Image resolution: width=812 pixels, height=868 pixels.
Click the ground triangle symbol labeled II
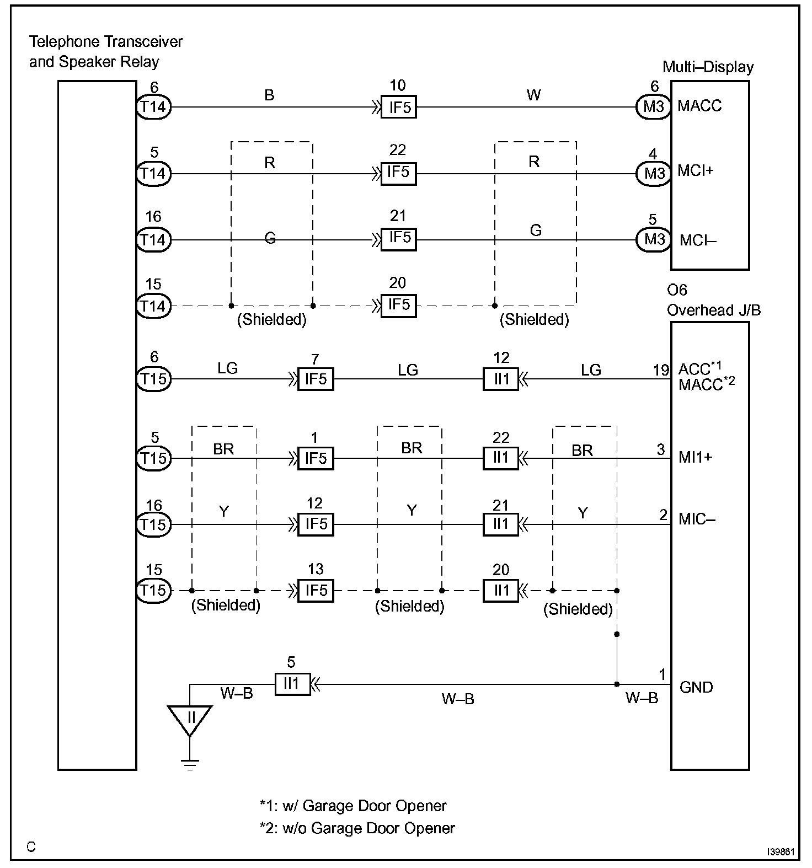click(x=190, y=720)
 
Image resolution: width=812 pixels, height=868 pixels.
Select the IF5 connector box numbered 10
click(x=399, y=107)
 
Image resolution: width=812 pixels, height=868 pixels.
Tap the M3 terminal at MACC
click(x=654, y=106)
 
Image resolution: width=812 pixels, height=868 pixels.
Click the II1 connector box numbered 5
click(x=292, y=684)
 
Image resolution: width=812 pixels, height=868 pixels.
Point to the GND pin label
click(x=696, y=687)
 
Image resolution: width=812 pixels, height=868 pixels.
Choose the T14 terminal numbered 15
click(x=154, y=306)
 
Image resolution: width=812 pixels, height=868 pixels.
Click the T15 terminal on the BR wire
click(x=154, y=458)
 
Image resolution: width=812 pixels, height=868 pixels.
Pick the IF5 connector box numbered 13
click(x=316, y=591)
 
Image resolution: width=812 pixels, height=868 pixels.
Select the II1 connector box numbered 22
click(x=501, y=458)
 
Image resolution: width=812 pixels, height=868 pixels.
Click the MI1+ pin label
click(x=696, y=457)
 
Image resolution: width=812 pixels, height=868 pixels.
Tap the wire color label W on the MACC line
click(x=533, y=95)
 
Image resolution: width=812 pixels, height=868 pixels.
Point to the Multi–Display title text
click(x=708, y=67)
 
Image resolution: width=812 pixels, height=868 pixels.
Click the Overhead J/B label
click(x=714, y=310)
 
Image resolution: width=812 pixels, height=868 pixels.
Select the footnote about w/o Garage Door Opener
click(x=357, y=828)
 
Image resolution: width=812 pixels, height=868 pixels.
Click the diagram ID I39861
click(x=781, y=853)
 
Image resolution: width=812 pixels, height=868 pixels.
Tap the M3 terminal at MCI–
click(x=654, y=240)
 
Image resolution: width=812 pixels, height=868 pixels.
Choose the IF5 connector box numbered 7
click(x=316, y=379)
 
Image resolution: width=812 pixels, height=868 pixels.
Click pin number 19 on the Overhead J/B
click(x=661, y=370)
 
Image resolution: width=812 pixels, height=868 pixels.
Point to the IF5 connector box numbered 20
click(x=399, y=306)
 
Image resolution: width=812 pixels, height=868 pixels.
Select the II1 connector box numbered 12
click(x=501, y=379)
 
